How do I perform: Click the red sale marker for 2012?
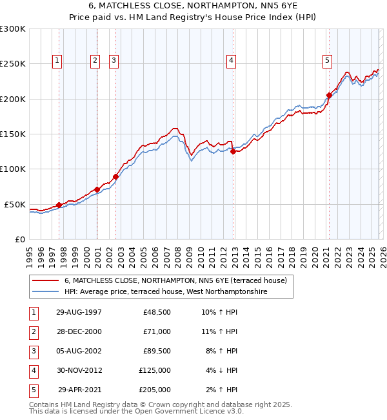tap(233, 152)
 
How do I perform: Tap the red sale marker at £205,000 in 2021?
tap(329, 96)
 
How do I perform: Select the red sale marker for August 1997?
tap(59, 205)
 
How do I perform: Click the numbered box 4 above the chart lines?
tap(231, 61)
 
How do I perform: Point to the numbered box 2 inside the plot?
tap(95, 61)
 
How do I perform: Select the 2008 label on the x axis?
tap(177, 257)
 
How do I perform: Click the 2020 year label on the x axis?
tap(315, 257)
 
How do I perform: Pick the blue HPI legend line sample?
tap(45, 291)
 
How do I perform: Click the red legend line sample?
tap(45, 280)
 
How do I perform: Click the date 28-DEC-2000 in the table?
tap(79, 331)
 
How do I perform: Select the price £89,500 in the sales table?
tap(157, 351)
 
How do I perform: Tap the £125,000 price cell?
tap(155, 370)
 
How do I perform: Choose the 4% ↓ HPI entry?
tap(221, 370)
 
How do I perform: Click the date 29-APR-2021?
tap(80, 390)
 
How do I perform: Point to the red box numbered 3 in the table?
tap(34, 352)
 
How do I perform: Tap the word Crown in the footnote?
tap(157, 404)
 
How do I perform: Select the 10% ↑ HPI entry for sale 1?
tap(219, 312)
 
